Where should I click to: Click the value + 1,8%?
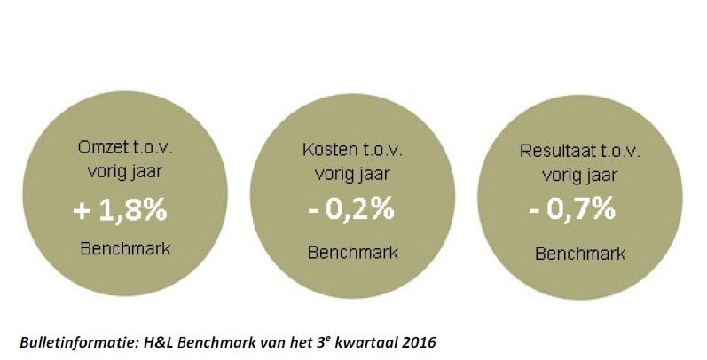(x=121, y=213)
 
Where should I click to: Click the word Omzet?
(x=91, y=152)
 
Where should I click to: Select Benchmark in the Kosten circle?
(x=352, y=251)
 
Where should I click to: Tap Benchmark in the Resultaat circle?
(x=580, y=253)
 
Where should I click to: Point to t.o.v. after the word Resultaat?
(x=619, y=151)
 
